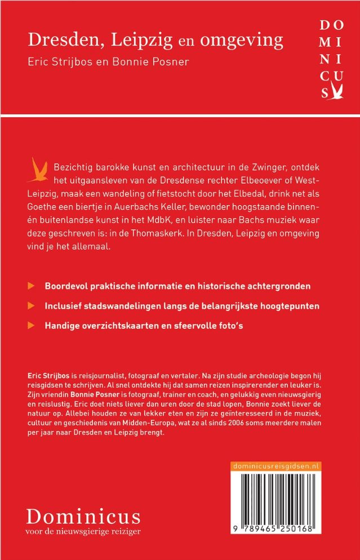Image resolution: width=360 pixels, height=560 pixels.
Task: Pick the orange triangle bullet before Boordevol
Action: pyautogui.click(x=32, y=286)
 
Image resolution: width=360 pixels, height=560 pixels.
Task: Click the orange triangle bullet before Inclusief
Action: pyautogui.click(x=32, y=306)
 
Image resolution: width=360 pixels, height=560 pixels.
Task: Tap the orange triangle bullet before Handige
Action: pyautogui.click(x=32, y=326)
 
